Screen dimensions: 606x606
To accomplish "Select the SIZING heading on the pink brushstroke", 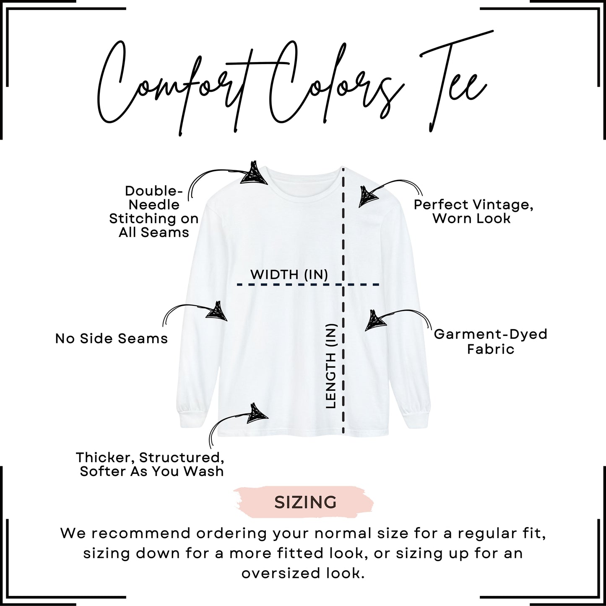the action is click(305, 502).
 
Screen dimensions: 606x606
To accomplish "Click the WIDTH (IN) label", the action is click(289, 275).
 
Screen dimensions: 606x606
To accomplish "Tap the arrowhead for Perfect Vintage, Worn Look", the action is click(368, 197).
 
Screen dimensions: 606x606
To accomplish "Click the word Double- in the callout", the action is click(154, 191).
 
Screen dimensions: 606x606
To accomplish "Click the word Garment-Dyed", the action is click(491, 334).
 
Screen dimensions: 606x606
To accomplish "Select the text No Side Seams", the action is click(112, 339).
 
